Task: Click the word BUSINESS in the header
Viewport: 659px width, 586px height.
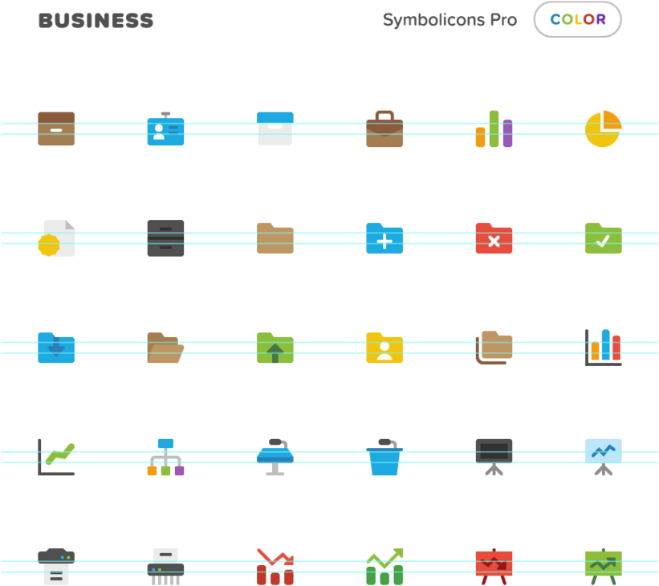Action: [96, 21]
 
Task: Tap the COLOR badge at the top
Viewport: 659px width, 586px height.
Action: [577, 19]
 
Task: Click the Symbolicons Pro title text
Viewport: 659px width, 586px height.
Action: [450, 20]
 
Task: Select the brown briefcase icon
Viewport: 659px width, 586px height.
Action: [384, 129]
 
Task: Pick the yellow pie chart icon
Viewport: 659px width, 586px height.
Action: [603, 129]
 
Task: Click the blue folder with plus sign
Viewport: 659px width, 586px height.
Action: [384, 238]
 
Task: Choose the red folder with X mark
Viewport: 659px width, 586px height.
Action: [494, 238]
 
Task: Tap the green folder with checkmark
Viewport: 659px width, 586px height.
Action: [603, 238]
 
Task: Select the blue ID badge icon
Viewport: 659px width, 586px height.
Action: [165, 129]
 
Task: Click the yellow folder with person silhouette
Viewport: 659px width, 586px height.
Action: [384, 348]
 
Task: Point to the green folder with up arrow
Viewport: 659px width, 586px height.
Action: [275, 348]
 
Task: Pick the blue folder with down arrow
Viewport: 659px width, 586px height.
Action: [56, 348]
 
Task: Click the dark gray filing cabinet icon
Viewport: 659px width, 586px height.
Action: [165, 238]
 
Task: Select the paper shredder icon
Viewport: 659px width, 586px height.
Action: [165, 566]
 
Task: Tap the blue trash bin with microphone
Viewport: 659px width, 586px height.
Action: [384, 458]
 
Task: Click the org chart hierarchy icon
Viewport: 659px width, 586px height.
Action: [165, 457]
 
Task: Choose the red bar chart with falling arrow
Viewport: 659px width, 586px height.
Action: [275, 566]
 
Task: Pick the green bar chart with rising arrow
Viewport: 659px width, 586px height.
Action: [384, 566]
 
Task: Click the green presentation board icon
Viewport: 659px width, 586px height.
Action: [603, 566]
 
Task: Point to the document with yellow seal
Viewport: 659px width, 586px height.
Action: [56, 238]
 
